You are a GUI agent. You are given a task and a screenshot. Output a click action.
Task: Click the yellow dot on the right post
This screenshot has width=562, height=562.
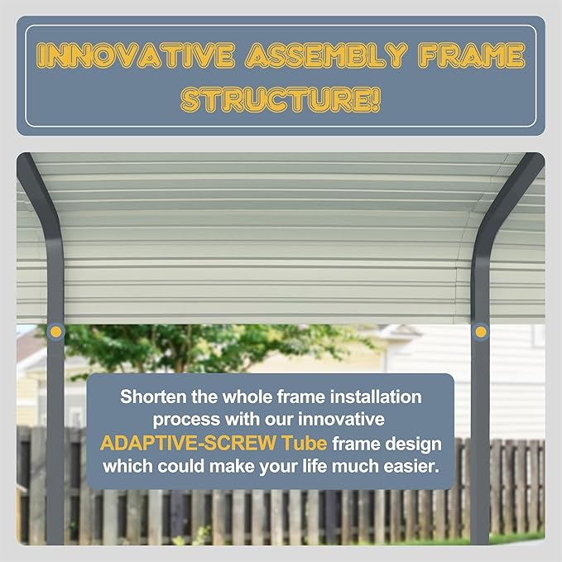481,331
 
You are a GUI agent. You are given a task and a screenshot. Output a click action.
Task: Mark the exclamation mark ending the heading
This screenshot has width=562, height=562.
375,100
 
